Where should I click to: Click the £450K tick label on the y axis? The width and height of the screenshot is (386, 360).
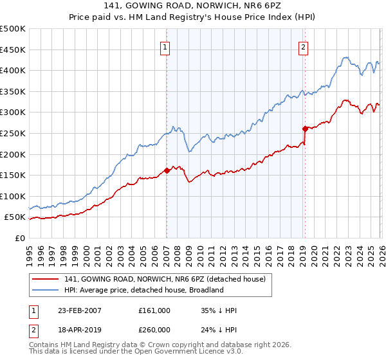13,50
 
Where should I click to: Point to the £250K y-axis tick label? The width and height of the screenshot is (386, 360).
13,133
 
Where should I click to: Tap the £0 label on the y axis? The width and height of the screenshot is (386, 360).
19,238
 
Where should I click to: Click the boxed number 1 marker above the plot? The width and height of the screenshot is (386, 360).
165,46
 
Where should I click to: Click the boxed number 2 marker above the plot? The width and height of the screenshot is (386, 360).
302,46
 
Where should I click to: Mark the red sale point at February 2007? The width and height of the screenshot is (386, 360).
167,170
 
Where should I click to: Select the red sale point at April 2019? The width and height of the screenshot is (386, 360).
305,128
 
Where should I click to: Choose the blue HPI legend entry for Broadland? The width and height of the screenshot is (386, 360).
143,290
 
